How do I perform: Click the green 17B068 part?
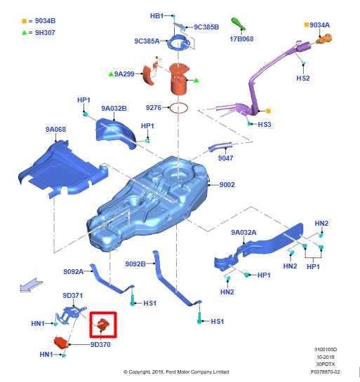[x=238, y=24]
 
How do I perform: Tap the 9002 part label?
[x=227, y=184]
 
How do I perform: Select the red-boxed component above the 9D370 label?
[x=103, y=325]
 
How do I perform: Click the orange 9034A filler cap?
[x=324, y=39]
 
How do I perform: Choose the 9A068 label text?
[x=55, y=130]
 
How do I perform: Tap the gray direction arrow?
[x=31, y=285]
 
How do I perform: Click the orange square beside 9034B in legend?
[x=24, y=21]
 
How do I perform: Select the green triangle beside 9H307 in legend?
[x=24, y=33]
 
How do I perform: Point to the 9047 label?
[x=225, y=158]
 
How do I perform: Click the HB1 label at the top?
[x=156, y=16]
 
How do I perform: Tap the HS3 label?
[x=265, y=125]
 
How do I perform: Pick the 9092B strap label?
[x=135, y=264]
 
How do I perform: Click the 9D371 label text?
[x=73, y=296]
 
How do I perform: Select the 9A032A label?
[x=244, y=233]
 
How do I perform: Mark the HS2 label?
[x=303, y=78]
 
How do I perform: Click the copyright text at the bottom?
[x=176, y=372]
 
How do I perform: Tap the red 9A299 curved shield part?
[x=149, y=75]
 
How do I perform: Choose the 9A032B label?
[x=114, y=109]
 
